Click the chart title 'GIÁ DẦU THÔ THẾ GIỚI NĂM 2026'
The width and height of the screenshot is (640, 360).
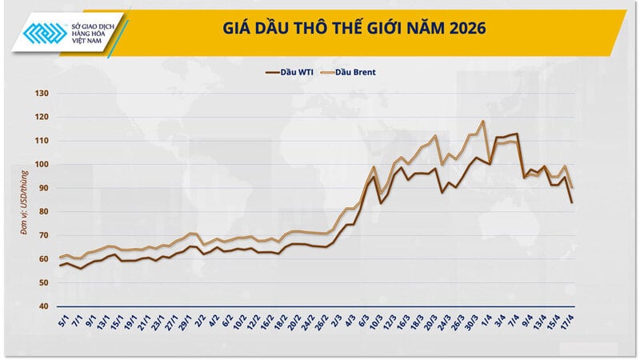[x=352, y=29]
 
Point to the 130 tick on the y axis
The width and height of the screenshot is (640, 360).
[x=42, y=94]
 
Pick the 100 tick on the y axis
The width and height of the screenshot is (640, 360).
[x=42, y=165]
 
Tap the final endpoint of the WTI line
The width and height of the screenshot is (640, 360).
[x=572, y=202]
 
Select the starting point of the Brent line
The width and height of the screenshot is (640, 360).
[x=60, y=258]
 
